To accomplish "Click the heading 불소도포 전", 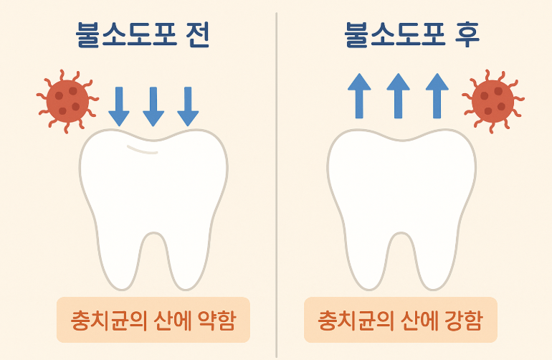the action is [x=143, y=35].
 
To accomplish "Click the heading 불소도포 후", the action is [x=411, y=35].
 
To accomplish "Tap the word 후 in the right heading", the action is [x=465, y=35].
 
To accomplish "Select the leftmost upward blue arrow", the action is [x=358, y=94].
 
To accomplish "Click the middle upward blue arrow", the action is [x=398, y=94].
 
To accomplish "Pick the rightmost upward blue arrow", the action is [x=437, y=94].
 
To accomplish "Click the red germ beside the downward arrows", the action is [x=67, y=100].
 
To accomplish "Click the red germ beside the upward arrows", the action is [x=492, y=100].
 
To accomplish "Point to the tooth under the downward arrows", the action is [x=153, y=194].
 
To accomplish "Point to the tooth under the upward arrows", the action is [x=401, y=194].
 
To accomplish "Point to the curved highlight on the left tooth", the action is [x=143, y=149].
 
